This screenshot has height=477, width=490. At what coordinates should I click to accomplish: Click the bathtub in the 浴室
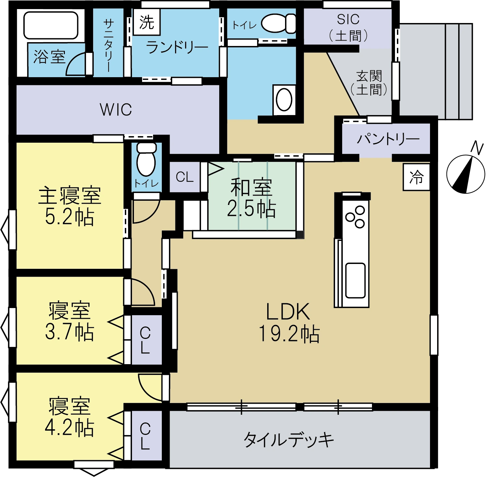51,25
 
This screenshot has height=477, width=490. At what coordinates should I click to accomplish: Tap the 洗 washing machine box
147,22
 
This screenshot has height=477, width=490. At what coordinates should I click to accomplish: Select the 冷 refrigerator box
416,177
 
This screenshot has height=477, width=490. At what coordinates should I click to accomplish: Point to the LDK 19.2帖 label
289,322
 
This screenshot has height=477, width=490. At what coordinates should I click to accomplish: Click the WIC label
116,110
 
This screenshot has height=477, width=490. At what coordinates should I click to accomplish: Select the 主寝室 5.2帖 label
70,206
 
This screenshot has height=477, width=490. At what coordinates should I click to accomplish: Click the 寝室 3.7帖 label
69,321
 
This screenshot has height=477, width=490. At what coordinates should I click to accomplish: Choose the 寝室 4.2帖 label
69,416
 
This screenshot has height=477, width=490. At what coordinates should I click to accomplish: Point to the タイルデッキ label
289,440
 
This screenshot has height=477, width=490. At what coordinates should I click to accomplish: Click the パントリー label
388,139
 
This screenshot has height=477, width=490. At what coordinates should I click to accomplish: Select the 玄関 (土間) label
369,83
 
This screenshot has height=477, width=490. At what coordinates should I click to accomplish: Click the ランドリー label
177,48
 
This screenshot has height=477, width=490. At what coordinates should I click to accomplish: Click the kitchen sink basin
355,280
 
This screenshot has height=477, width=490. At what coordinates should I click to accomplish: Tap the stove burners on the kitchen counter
355,217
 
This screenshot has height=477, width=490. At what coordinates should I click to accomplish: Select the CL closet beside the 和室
185,177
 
